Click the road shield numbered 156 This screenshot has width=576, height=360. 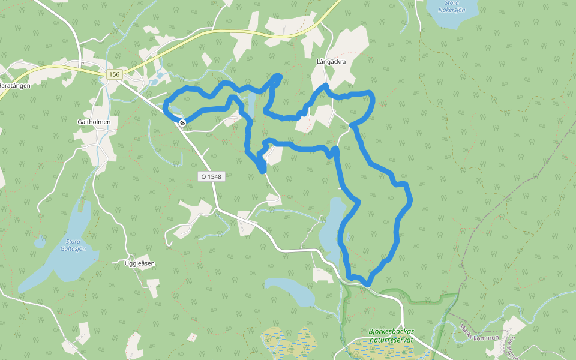click(115, 74)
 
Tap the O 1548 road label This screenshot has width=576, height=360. click(211, 177)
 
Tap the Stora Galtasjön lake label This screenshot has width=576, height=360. click(73, 245)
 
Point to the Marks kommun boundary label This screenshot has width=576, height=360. click(479, 333)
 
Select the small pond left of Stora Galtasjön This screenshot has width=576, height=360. click(40, 243)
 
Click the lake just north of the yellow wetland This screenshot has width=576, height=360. click(290, 290)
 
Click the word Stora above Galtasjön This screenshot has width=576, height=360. click(74, 241)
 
